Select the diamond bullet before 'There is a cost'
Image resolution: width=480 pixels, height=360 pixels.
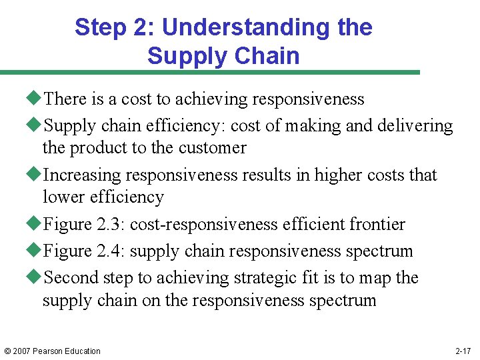[x=36, y=99]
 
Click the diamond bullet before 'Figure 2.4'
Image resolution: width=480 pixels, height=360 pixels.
[x=36, y=251]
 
